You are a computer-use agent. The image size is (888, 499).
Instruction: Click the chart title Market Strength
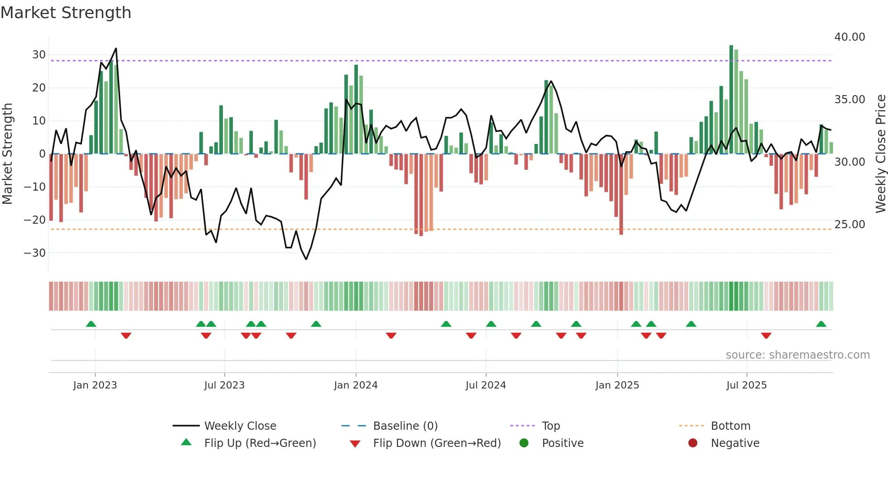(x=66, y=12)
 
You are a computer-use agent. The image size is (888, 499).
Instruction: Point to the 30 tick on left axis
(x=39, y=55)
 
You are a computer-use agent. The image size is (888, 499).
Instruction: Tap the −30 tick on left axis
(x=35, y=253)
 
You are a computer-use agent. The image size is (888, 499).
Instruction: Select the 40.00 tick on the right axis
(x=849, y=37)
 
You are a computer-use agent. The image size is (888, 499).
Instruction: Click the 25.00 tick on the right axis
(x=849, y=224)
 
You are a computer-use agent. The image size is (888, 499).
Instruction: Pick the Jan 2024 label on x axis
(x=356, y=385)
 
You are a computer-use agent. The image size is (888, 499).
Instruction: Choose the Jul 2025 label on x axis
(x=746, y=385)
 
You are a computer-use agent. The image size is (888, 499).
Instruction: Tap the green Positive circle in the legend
(x=524, y=443)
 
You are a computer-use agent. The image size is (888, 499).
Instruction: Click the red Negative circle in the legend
(x=693, y=443)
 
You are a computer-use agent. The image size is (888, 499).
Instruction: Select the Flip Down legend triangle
(x=355, y=443)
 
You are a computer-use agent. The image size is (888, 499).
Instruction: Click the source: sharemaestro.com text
(x=797, y=355)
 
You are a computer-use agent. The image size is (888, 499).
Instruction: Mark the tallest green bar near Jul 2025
(x=731, y=100)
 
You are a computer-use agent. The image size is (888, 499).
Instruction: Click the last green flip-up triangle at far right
(x=821, y=324)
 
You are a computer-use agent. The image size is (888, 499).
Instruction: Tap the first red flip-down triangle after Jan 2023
(x=126, y=335)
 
